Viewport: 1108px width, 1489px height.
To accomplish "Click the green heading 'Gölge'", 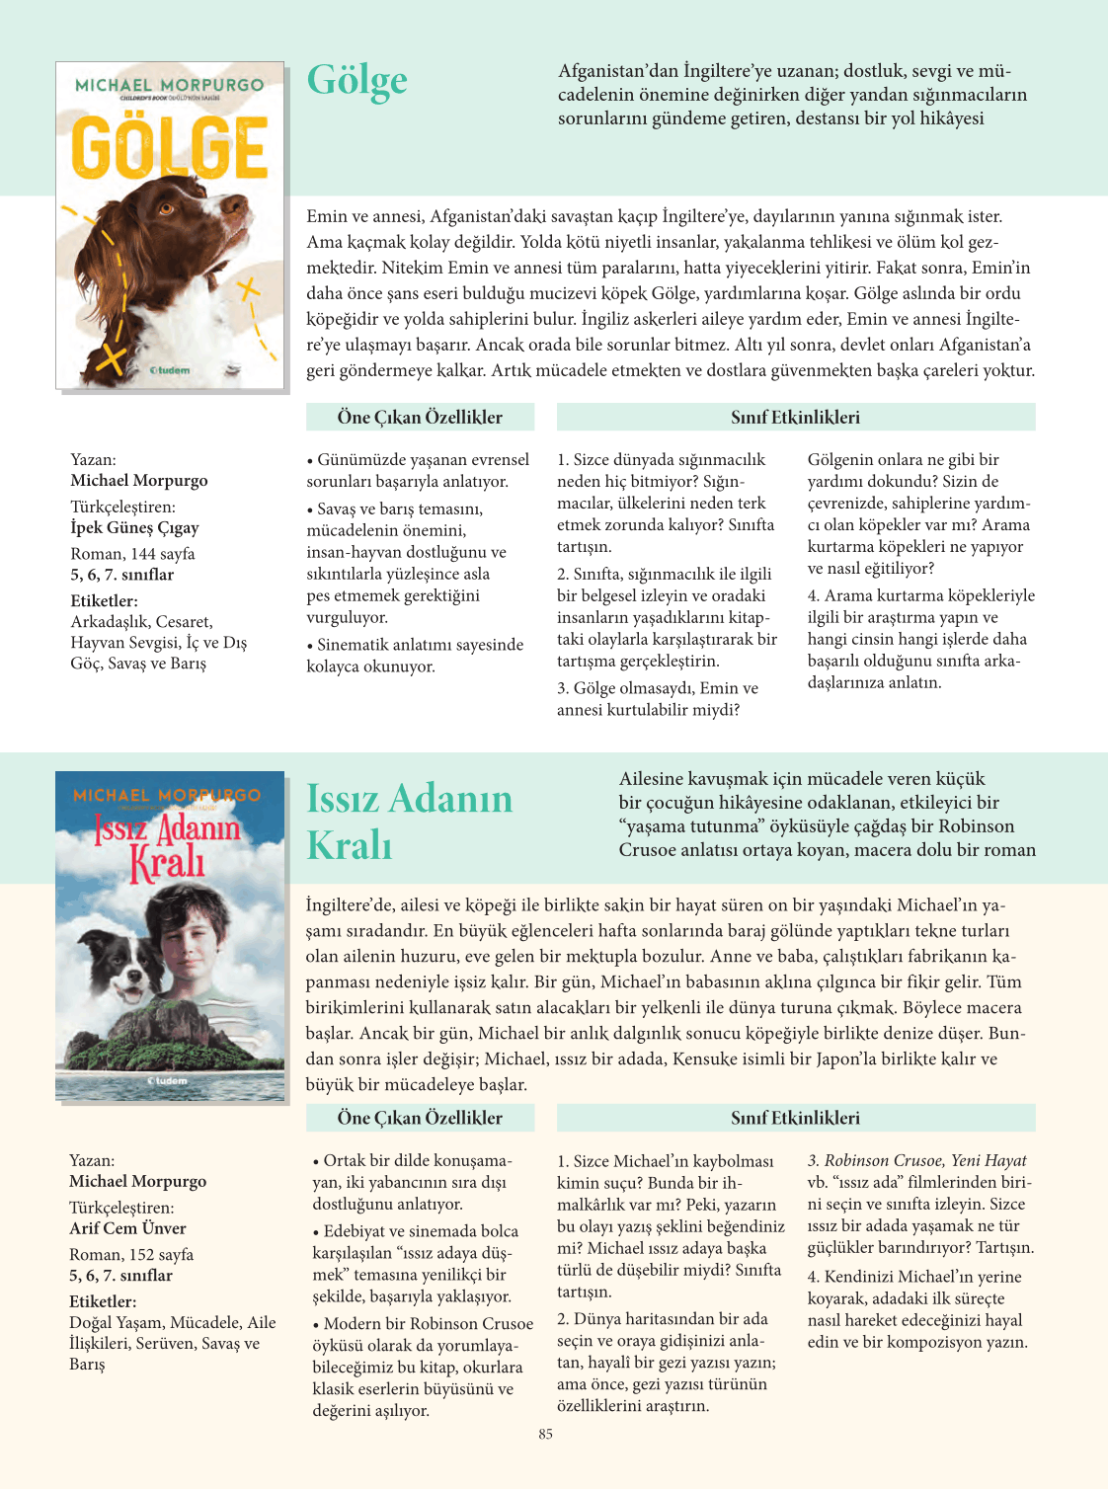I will [356, 81].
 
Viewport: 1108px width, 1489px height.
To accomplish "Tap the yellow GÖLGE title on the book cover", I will [170, 148].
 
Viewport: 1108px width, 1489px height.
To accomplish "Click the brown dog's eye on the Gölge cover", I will [167, 208].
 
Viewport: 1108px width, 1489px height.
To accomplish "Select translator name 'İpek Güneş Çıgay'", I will [134, 527].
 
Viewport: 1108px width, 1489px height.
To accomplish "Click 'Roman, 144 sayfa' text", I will [132, 554].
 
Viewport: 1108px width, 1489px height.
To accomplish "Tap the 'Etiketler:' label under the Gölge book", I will [104, 600].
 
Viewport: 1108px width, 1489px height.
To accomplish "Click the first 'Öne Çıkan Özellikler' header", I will [420, 417].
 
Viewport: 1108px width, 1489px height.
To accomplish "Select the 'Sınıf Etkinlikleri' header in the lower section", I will [795, 1118].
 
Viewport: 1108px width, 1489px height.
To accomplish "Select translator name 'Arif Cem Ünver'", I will [127, 1228].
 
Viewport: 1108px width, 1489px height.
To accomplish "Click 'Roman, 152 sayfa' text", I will [131, 1255].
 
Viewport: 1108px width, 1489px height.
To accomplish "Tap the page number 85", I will [546, 1435].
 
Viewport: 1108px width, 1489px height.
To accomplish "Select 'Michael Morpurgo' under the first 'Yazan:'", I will [139, 481].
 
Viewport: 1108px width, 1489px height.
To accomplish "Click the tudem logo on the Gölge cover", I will [170, 370].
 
